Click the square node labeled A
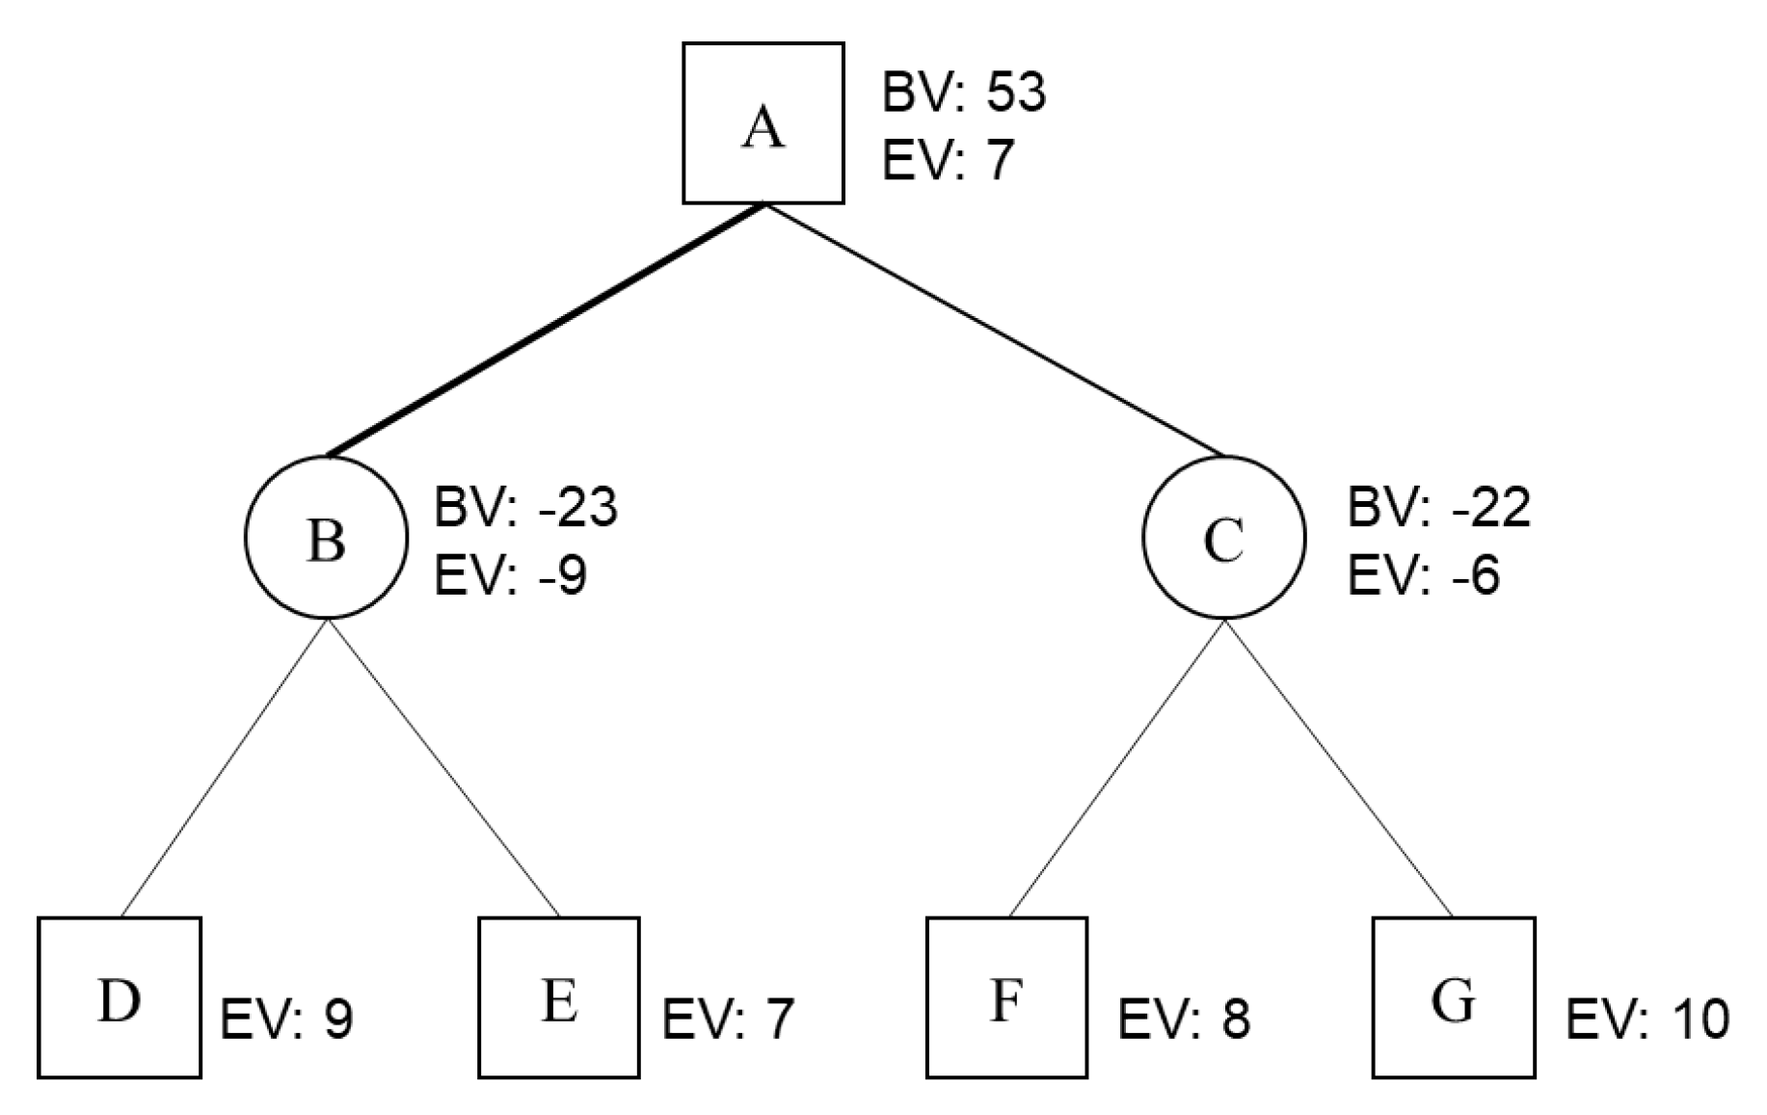(x=763, y=123)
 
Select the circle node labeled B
(x=326, y=537)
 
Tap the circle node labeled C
(x=1223, y=537)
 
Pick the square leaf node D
(x=120, y=997)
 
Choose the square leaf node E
(x=559, y=997)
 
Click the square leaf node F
(x=1006, y=997)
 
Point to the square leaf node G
(x=1453, y=997)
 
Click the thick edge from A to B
(x=546, y=330)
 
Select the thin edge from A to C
(x=993, y=330)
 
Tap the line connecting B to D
(x=224, y=768)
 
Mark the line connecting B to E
(x=443, y=768)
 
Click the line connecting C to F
(x=1116, y=768)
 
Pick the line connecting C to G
(x=1338, y=768)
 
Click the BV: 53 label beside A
(x=963, y=93)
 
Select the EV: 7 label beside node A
(x=949, y=160)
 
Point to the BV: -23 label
(x=525, y=508)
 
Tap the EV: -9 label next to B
(x=511, y=576)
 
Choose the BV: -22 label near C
(x=1438, y=508)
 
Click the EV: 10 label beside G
(x=1647, y=1020)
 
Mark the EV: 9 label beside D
(x=287, y=1020)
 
